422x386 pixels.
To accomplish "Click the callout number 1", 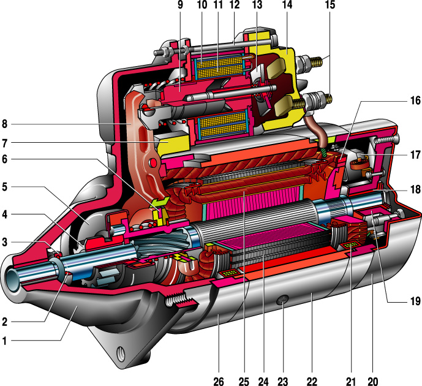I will (x=6, y=341).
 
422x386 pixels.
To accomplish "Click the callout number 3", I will (x=6, y=243).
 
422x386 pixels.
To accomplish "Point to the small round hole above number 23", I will (x=284, y=302).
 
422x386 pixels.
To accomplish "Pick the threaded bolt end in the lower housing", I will (x=181, y=301).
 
